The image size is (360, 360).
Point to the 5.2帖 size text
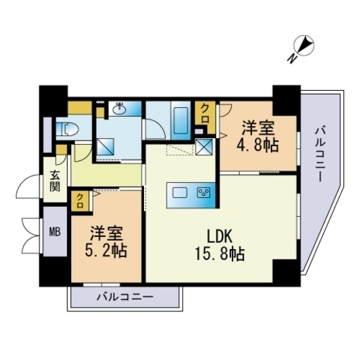click(104, 249)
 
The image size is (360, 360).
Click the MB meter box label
click(55, 232)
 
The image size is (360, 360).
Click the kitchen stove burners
click(203, 193)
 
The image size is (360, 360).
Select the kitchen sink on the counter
click(180, 193)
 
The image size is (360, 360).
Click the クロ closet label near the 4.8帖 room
click(205, 114)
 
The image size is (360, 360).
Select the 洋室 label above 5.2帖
click(104, 232)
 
